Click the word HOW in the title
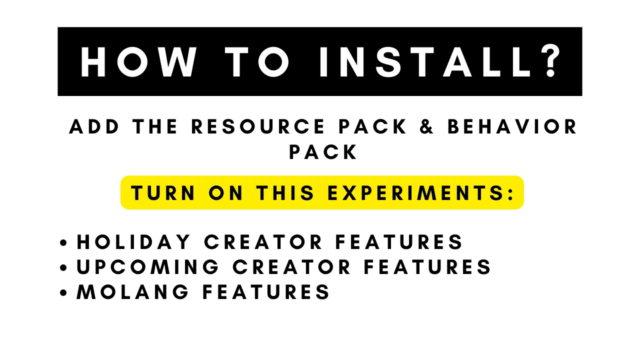coord(138,61)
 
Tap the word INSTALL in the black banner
coord(424,61)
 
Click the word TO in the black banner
coord(257,61)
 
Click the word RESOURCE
coord(258,126)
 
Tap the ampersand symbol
coord(426,126)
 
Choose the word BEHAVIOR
coord(512,126)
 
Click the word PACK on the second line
coord(323,151)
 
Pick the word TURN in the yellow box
coord(163,193)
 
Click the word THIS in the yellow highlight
coord(285,193)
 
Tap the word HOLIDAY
coord(133,242)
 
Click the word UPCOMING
coord(147,267)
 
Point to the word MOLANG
coord(132,292)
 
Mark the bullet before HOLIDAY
coord(63,242)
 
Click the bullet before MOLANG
coord(63,292)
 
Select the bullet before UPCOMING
coord(63,267)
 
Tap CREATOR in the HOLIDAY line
coord(263,242)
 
